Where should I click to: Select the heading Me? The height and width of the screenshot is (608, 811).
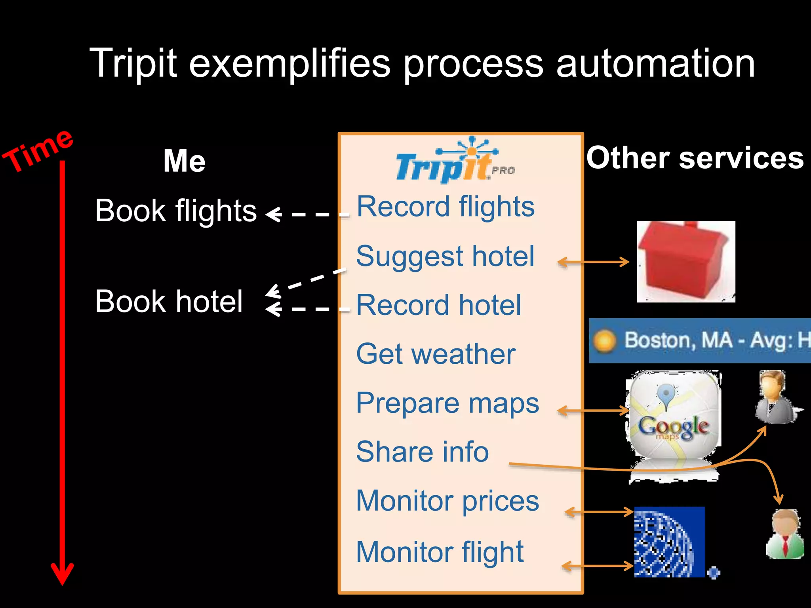(185, 161)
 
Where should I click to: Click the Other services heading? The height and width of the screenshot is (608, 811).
(695, 158)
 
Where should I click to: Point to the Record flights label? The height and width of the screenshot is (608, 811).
(445, 207)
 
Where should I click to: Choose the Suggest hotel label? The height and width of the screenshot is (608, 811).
(445, 256)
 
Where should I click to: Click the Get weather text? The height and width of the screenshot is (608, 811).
(436, 354)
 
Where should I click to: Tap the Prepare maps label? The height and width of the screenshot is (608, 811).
(447, 403)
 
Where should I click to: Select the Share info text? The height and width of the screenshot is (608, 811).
(423, 452)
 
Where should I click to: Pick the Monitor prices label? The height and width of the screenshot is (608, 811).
(447, 501)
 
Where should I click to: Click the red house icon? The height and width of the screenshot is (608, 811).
(686, 262)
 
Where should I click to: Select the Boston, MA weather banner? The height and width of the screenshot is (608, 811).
(700, 341)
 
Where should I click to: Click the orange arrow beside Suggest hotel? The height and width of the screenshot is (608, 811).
(593, 262)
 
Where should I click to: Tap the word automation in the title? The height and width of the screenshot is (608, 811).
(655, 63)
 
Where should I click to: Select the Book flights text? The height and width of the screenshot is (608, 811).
(176, 211)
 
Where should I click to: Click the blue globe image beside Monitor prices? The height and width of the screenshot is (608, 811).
(669, 541)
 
